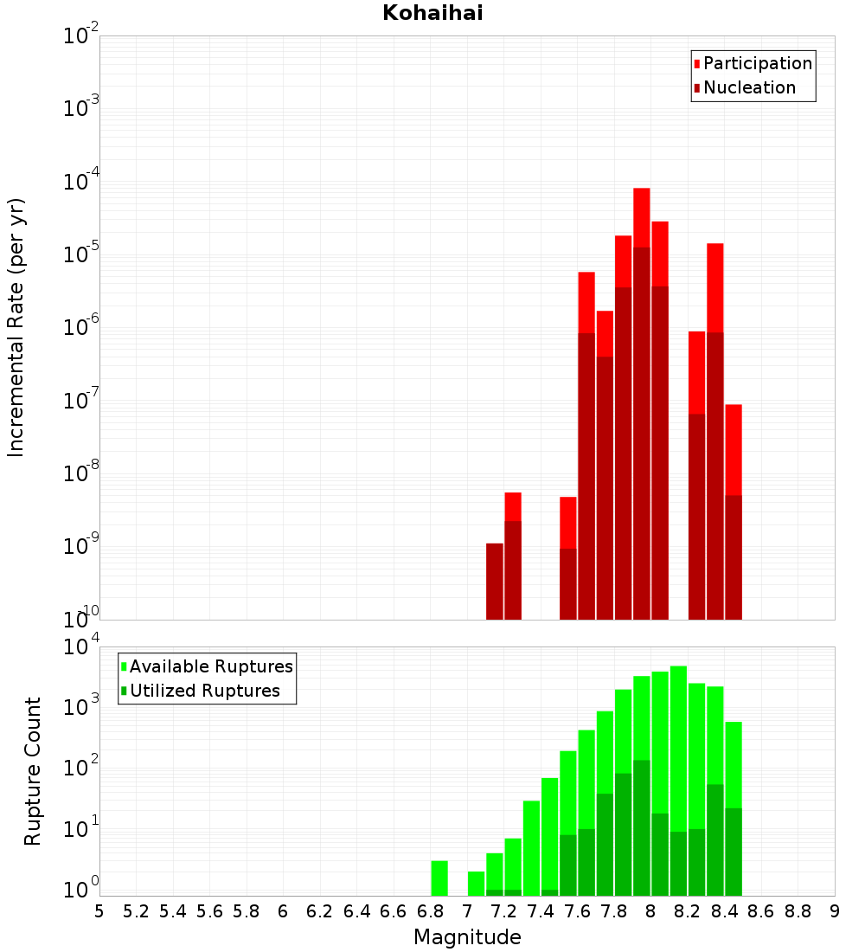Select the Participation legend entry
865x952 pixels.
(x=758, y=63)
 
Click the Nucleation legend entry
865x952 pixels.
(x=749, y=87)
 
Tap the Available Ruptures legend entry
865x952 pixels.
(x=211, y=666)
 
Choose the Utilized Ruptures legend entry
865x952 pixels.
(x=204, y=691)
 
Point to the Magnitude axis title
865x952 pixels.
(x=467, y=937)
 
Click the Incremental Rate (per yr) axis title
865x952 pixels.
(x=16, y=327)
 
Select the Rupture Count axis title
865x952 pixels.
(x=33, y=771)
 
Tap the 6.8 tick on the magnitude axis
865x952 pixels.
(x=430, y=910)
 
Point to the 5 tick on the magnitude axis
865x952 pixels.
(x=99, y=910)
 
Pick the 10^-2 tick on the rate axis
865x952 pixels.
(x=80, y=36)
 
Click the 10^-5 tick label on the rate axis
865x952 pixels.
(x=80, y=255)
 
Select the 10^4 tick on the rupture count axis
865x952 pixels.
(x=80, y=647)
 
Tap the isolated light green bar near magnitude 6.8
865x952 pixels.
(x=439, y=878)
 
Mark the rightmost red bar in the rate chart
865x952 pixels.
(x=734, y=450)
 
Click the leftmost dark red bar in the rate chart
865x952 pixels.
(x=495, y=581)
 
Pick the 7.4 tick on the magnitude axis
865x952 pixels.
(x=541, y=910)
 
